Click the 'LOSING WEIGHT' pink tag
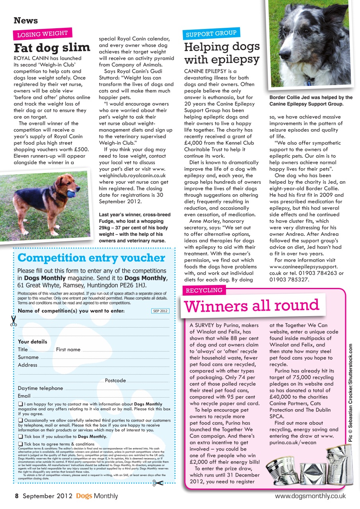click(43, 34)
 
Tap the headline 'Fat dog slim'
click(52, 48)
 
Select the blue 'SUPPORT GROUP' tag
click(211, 34)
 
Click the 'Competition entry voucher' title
click(91, 258)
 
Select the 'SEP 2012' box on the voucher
click(160, 311)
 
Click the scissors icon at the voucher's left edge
click(14, 321)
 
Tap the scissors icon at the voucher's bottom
click(158, 483)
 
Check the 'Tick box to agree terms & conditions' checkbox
click(20, 444)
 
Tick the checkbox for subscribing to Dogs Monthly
click(20, 436)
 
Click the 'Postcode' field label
click(115, 381)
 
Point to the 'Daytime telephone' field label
click(40, 388)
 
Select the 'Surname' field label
click(28, 357)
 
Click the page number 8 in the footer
click(17, 496)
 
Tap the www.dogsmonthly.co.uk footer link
click(310, 496)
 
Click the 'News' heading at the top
click(26, 20)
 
